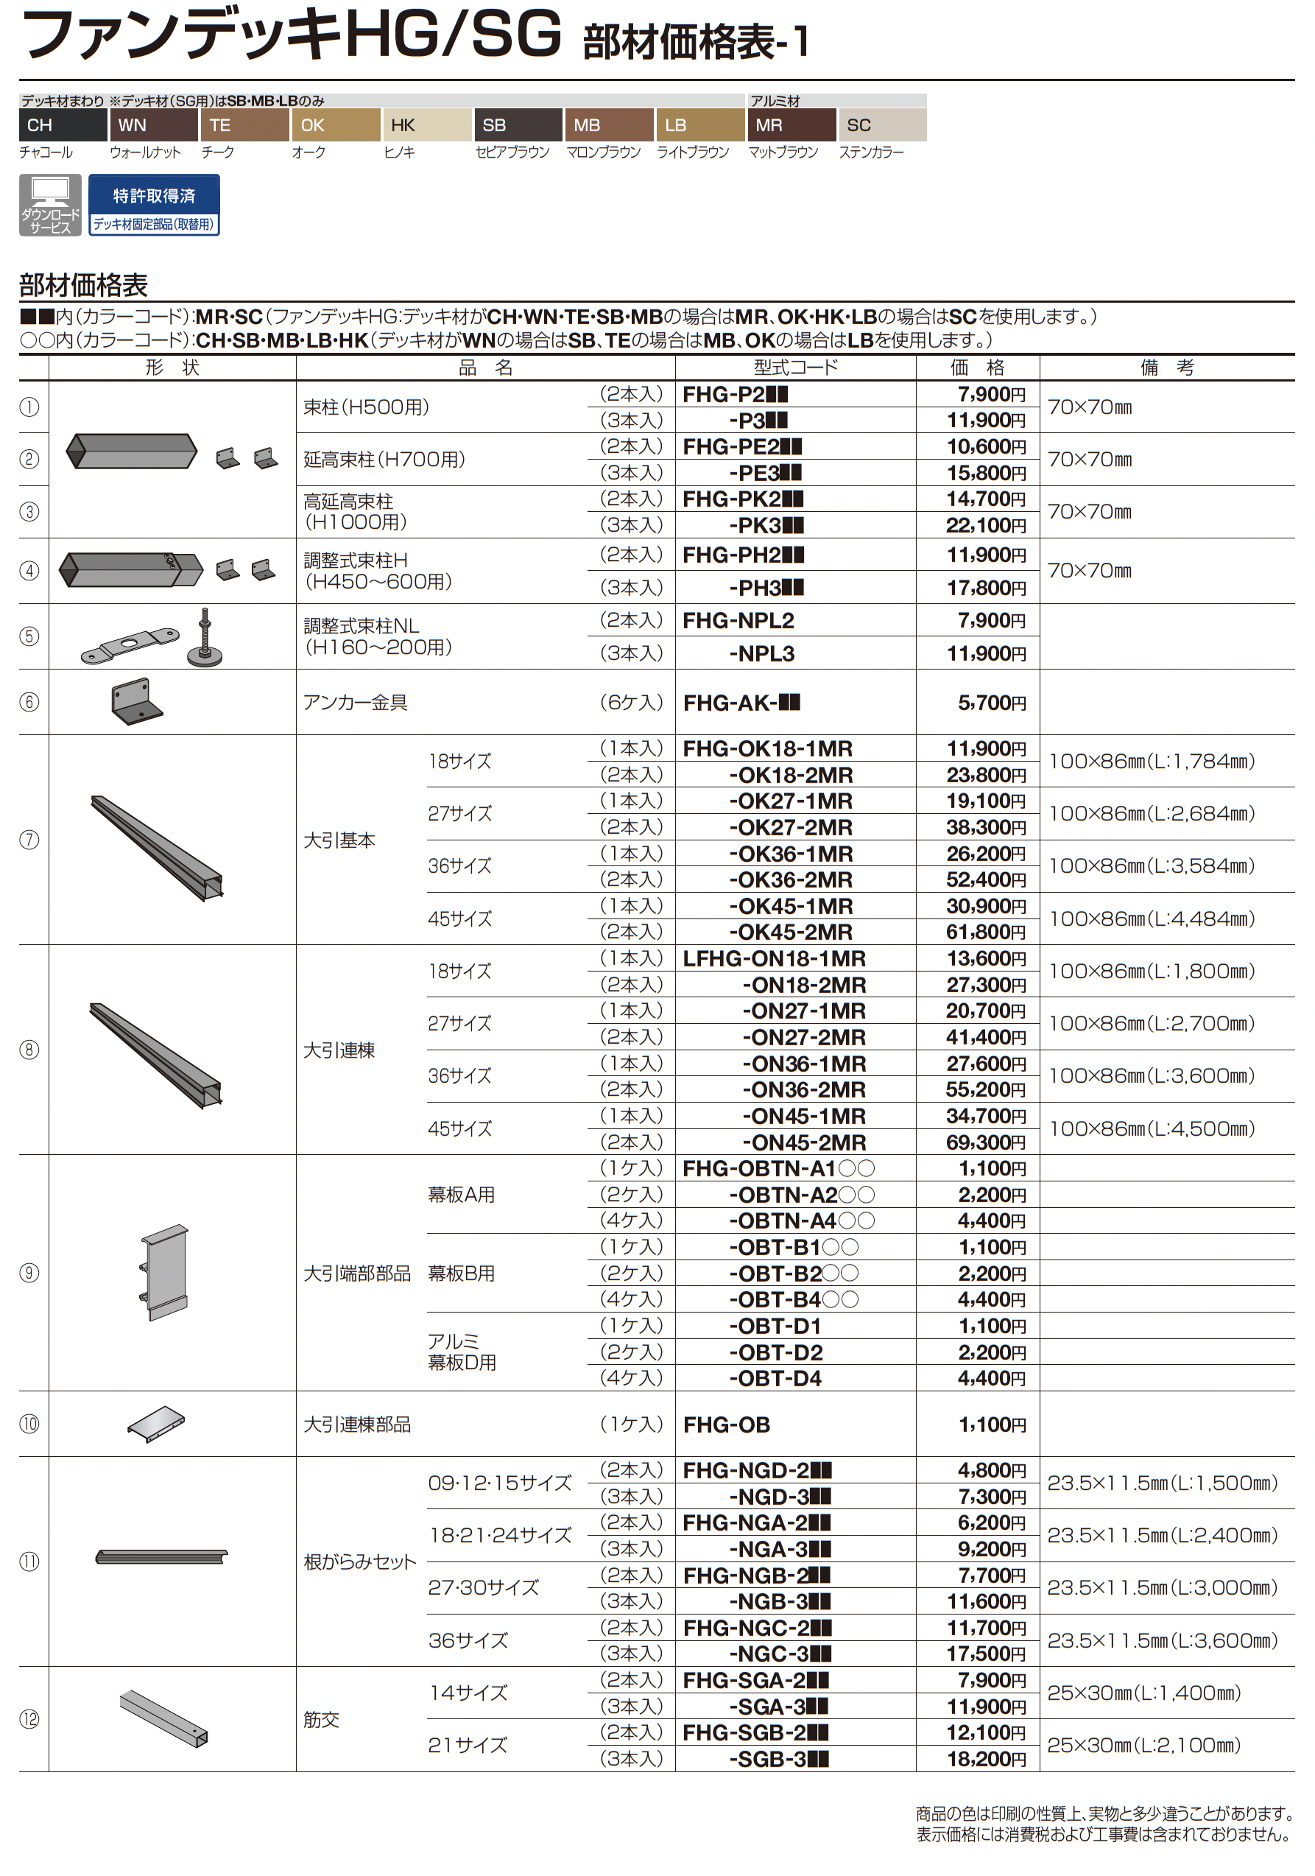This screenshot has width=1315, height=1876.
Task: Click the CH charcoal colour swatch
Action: coord(63,125)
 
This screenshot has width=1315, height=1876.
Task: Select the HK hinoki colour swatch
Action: coord(426,125)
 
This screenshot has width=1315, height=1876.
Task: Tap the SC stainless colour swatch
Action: coord(882,125)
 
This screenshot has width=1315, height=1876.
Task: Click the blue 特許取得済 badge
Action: coord(154,205)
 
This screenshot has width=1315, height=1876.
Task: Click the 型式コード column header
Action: coord(794,368)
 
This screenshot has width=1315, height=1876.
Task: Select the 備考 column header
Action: coord(1166,368)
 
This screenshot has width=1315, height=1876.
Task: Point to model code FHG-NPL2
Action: coord(738,621)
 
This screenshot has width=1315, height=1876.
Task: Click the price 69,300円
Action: coord(985,1142)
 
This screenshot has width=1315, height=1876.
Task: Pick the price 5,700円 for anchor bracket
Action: coord(992,703)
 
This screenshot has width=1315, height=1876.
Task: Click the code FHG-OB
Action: coord(726,1425)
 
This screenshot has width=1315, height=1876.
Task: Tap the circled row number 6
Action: coord(29,702)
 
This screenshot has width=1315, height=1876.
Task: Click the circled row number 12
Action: coord(29,1719)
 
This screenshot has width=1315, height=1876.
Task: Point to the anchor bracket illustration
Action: coord(135,701)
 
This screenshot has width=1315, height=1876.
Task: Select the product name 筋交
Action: coord(321,1720)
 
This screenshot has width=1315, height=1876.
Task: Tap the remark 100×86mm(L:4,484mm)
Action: coord(1151,919)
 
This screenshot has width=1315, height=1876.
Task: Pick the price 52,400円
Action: coord(985,880)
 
